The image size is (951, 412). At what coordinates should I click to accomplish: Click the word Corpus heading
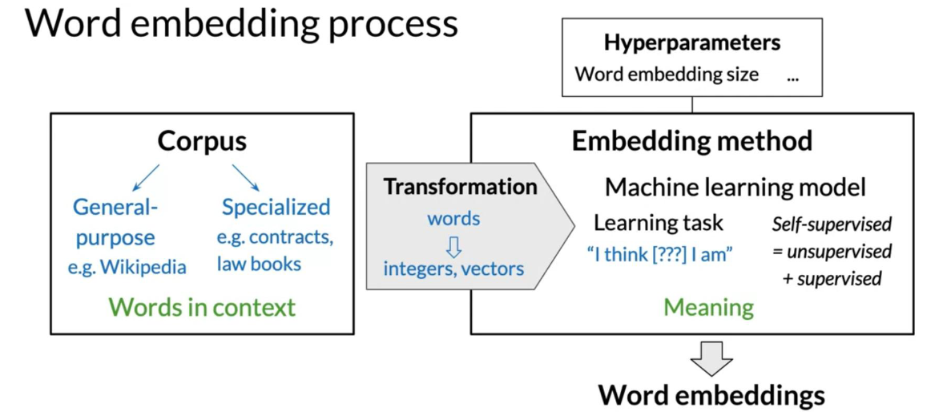coord(202,141)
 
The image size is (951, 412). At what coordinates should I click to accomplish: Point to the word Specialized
coord(276,207)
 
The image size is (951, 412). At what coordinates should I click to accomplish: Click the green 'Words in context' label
coord(202,307)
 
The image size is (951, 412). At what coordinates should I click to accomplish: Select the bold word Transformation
coord(461,187)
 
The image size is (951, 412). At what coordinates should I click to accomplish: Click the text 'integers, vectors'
coord(453,268)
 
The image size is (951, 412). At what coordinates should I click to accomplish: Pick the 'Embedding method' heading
coord(692,141)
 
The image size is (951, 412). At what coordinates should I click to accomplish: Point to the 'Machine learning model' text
coord(735,188)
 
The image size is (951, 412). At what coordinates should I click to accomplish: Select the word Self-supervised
coord(832,224)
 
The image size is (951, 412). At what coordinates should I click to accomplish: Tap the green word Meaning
coord(708,308)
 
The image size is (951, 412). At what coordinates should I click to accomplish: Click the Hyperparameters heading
coord(692,43)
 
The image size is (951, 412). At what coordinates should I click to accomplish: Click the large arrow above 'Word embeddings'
coord(712,358)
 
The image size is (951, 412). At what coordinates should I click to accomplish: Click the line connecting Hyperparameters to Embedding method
coord(692,104)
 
